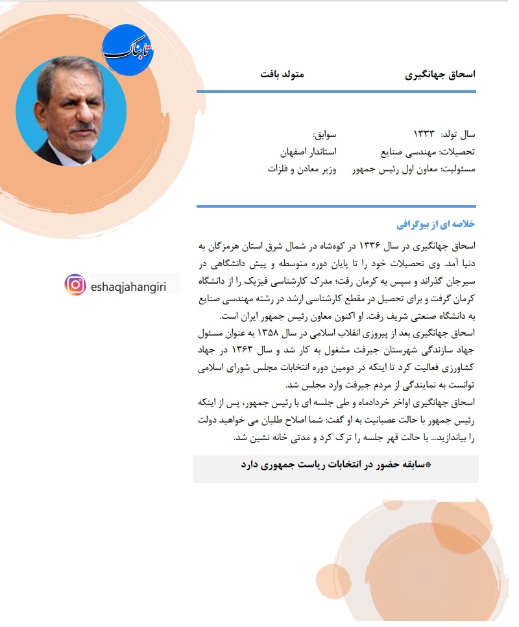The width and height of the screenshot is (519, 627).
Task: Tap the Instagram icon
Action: click(75, 284)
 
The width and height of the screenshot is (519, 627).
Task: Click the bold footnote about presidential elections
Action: click(336, 465)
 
